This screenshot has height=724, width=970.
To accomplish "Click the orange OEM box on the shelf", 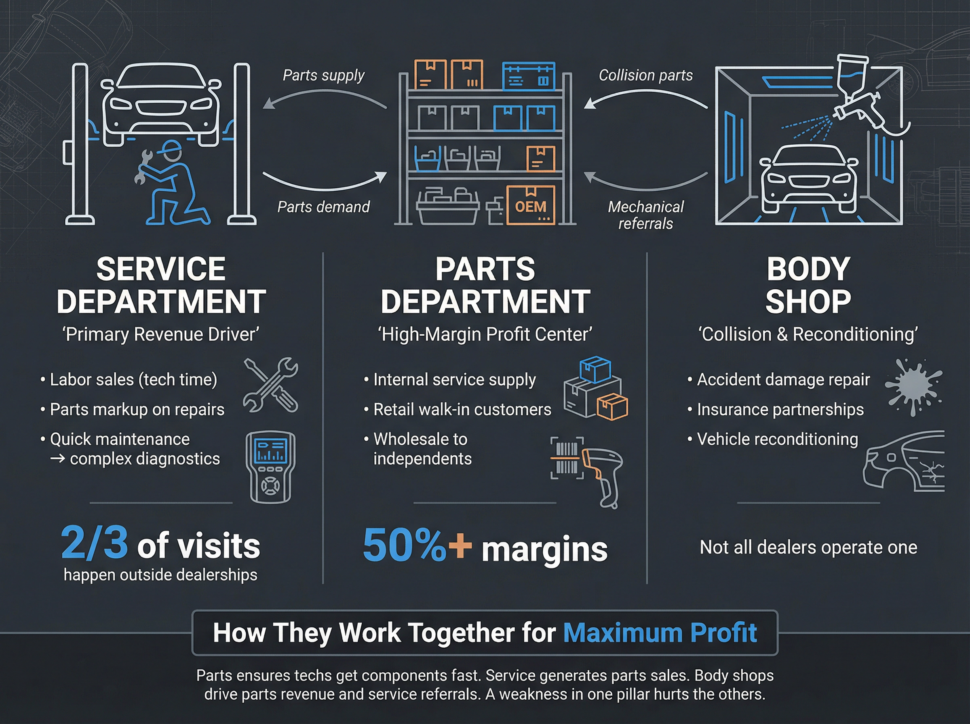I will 530,205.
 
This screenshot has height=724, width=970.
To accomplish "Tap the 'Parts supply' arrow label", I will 323,76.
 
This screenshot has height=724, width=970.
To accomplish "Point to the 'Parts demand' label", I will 323,207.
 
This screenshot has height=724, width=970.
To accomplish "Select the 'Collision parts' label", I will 645,76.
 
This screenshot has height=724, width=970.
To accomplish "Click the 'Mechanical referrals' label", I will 645,215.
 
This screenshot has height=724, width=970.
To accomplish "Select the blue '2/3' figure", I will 95,543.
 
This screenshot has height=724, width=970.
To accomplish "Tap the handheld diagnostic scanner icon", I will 270,467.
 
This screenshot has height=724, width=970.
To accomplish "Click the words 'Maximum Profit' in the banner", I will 660,633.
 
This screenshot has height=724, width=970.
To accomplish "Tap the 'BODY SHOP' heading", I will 808,285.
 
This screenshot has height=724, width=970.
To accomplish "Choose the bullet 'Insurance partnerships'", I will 780,410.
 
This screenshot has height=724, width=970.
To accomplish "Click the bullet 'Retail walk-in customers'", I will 462,410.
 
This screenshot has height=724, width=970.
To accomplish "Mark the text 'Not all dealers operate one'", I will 808,547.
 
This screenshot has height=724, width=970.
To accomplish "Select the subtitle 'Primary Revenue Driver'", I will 161,335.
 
